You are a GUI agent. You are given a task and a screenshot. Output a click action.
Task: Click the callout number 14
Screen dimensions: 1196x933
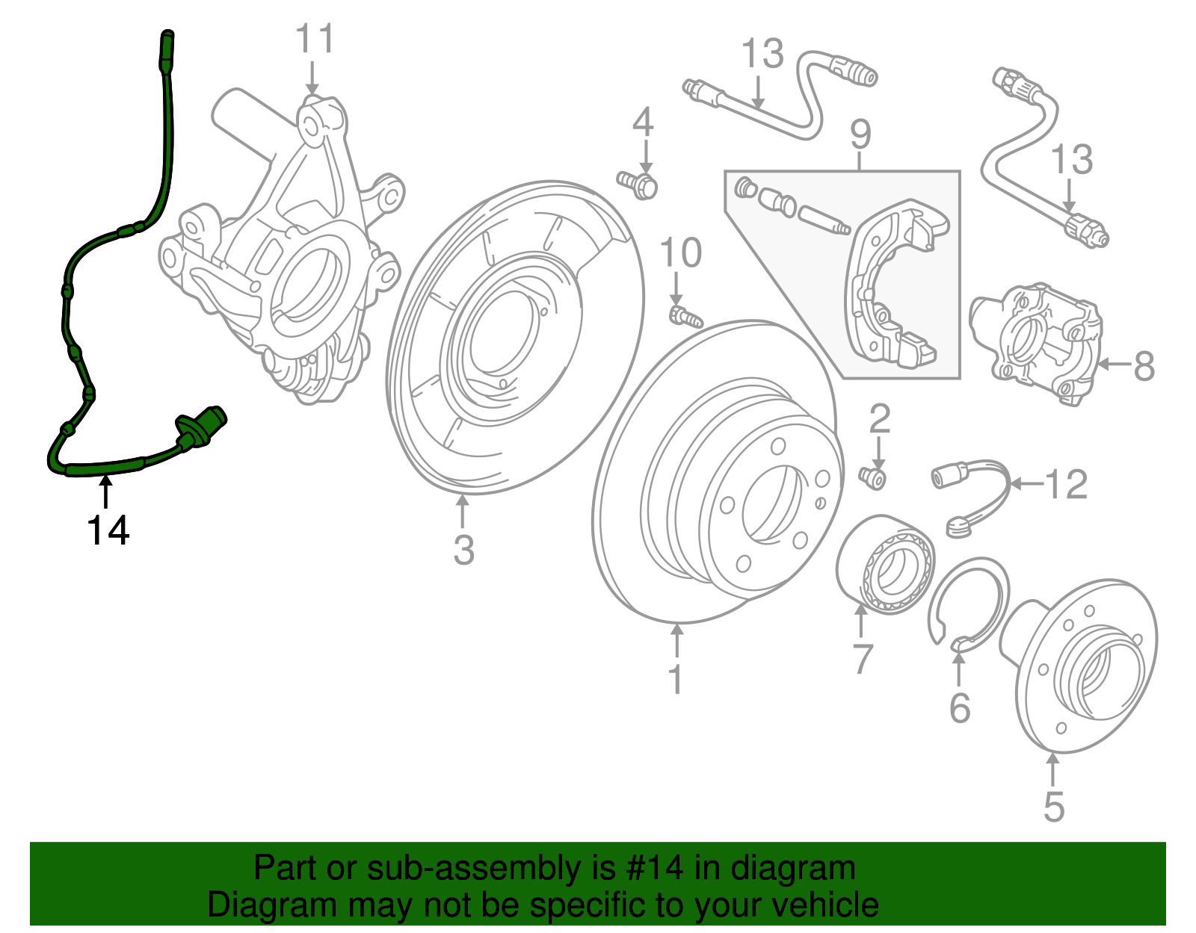pos(108,530)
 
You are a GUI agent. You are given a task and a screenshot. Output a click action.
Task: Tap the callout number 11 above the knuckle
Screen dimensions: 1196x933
pos(315,39)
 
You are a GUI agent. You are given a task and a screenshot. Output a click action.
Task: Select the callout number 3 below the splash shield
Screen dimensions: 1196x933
pos(463,549)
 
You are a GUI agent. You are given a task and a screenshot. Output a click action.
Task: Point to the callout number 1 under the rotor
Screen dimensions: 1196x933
pos(676,680)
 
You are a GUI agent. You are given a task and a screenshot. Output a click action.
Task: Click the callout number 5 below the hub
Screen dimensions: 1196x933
pos(1054,807)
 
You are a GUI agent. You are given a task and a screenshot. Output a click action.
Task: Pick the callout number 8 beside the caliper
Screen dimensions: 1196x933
pos(1144,365)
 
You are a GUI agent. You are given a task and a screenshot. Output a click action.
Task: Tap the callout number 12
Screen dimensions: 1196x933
pos(1066,484)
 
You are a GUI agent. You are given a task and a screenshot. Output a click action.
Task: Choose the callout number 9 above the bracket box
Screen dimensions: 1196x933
pos(861,134)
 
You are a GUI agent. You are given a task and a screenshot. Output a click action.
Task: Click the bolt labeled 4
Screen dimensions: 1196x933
pos(638,185)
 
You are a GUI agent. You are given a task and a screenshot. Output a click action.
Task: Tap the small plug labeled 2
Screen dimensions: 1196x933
pos(873,477)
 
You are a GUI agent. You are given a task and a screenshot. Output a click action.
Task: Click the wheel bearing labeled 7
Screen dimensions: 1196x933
pos(886,564)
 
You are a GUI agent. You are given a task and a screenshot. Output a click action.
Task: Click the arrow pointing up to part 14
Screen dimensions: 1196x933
pos(105,492)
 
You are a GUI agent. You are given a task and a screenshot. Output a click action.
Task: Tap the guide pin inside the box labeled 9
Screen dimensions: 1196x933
pos(824,220)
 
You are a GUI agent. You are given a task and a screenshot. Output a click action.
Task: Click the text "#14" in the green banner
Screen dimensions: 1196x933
pos(650,867)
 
